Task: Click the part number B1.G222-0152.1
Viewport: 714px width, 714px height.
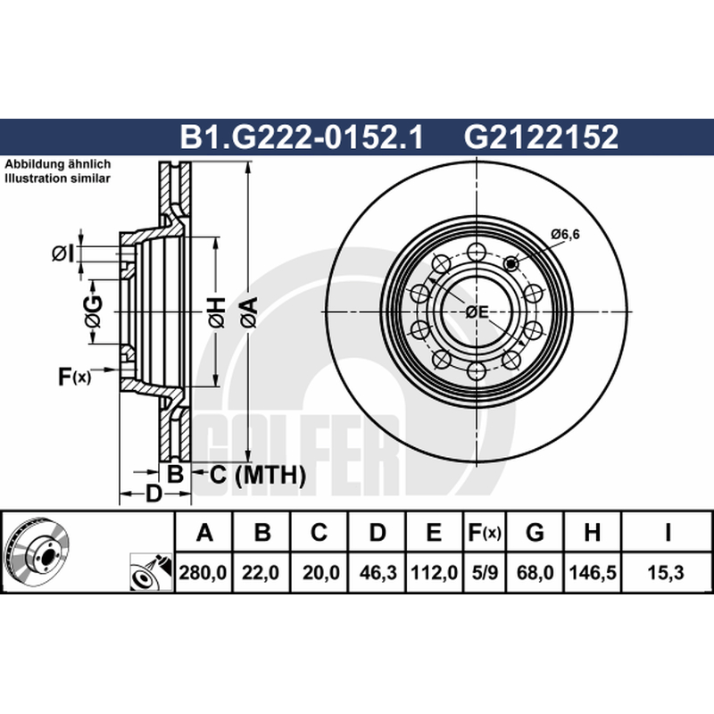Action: click(x=302, y=137)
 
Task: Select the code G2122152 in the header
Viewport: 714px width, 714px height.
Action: click(x=541, y=137)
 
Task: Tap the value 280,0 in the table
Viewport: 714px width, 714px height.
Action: click(x=203, y=572)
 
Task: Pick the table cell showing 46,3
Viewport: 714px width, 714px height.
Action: click(x=378, y=572)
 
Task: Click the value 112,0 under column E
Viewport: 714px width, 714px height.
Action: click(x=434, y=572)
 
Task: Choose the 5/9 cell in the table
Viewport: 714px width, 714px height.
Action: click(x=485, y=572)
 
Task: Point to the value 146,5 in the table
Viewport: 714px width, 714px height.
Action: click(x=593, y=572)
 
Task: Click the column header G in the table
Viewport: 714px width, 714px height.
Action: click(x=535, y=532)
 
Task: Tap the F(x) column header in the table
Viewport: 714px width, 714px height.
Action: click(x=485, y=532)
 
